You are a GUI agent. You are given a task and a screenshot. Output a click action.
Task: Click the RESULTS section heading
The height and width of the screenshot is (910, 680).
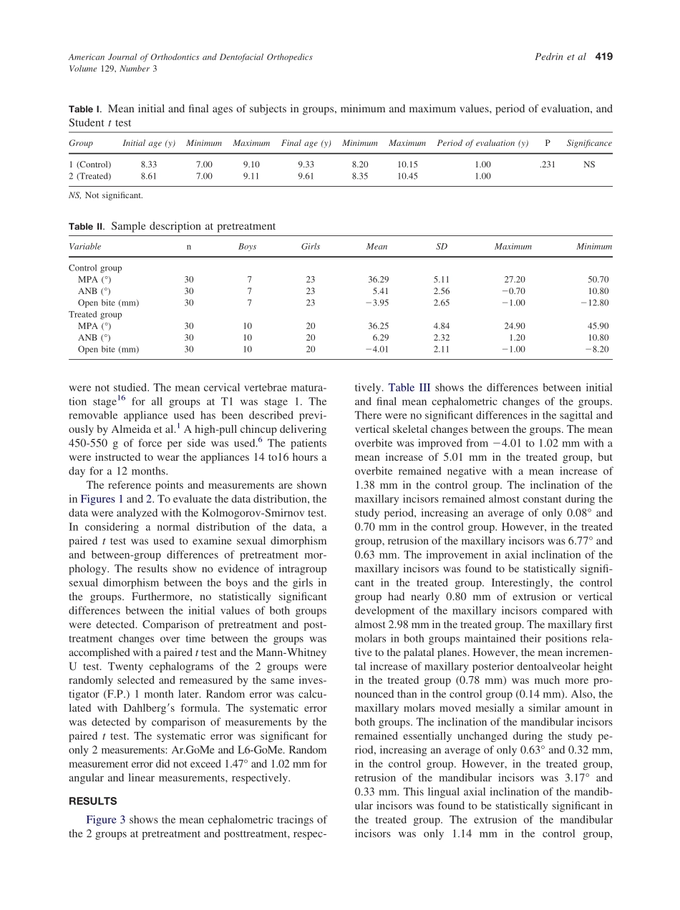click(x=93, y=801)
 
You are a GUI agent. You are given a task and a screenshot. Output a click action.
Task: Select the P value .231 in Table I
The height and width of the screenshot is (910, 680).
click(x=547, y=164)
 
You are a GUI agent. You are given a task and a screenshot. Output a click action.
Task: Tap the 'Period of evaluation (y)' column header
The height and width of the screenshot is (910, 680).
click(x=482, y=143)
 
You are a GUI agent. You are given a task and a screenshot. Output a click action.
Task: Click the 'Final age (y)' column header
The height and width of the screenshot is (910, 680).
click(x=306, y=143)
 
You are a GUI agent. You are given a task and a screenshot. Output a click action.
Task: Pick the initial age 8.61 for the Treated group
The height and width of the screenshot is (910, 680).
click(x=149, y=176)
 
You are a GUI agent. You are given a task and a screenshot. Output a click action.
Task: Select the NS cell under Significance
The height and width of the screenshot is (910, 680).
click(x=589, y=164)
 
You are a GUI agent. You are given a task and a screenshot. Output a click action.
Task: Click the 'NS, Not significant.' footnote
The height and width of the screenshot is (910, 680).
click(x=105, y=195)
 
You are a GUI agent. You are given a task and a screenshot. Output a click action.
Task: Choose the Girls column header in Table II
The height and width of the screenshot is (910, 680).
click(x=311, y=247)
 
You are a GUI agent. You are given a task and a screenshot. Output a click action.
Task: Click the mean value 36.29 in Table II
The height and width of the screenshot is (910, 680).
click(x=377, y=280)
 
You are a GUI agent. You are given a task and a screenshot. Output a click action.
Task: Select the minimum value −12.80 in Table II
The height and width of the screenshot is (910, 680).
click(x=595, y=303)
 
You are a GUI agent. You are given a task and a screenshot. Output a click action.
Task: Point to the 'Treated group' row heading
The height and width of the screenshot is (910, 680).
click(x=95, y=315)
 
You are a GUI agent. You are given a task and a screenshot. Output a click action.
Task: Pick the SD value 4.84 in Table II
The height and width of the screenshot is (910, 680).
click(x=441, y=326)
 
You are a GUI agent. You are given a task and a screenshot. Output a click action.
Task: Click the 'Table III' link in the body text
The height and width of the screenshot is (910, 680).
click(x=409, y=388)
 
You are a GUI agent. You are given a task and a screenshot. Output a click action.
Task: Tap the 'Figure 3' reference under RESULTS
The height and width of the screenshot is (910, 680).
click(x=106, y=820)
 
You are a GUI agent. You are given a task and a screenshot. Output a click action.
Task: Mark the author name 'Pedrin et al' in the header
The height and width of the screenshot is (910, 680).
click(x=560, y=57)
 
